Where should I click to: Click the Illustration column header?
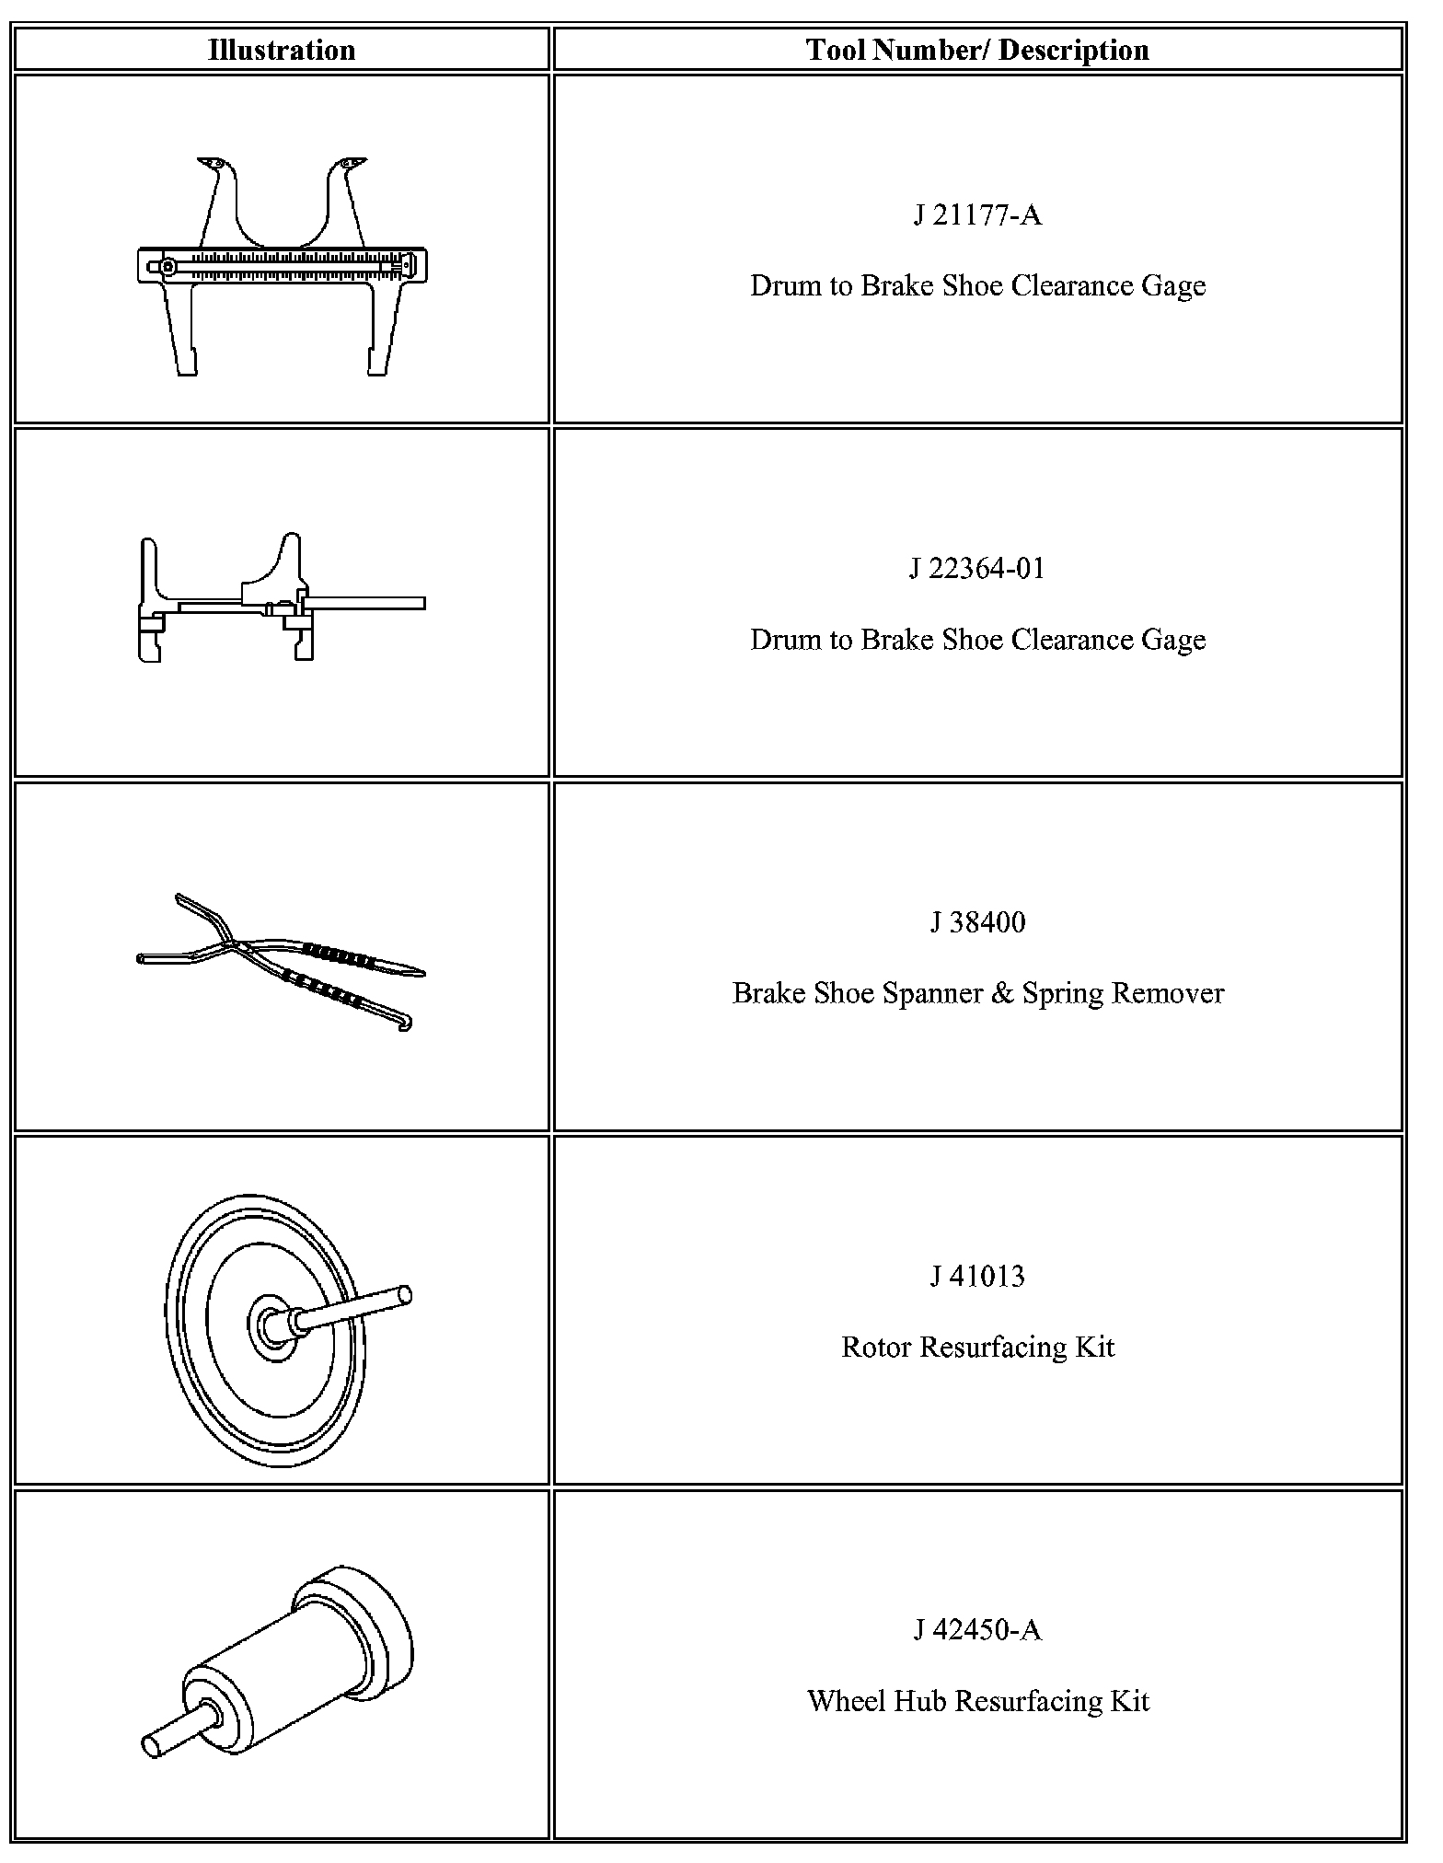click(282, 50)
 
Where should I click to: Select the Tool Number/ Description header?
click(977, 50)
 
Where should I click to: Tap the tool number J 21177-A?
click(977, 215)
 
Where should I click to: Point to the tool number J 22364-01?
click(977, 569)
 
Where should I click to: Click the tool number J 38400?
click(977, 922)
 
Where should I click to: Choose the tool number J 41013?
click(977, 1276)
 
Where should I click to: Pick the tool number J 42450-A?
click(977, 1629)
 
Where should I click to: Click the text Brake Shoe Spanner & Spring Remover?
click(977, 993)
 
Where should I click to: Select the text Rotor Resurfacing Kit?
click(977, 1347)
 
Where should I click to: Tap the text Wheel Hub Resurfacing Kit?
click(977, 1700)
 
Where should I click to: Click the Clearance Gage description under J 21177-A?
click(977, 286)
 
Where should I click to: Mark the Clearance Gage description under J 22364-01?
click(977, 640)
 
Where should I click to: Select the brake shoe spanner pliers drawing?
click(281, 957)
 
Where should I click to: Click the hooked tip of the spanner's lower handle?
click(406, 1024)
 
